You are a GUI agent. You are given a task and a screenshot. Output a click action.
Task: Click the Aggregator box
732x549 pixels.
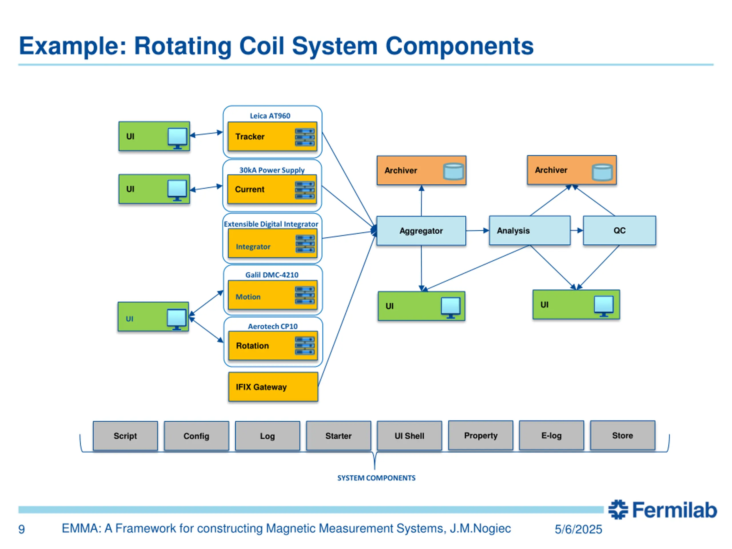421,231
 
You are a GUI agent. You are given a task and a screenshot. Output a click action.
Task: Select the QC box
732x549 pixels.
619,230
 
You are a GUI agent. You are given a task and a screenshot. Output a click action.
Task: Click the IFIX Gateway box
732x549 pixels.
273,387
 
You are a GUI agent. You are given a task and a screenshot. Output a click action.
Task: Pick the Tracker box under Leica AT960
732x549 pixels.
272,136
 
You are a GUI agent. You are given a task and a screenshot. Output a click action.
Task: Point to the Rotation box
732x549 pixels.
273,345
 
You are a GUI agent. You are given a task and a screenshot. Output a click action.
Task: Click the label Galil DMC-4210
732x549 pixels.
272,275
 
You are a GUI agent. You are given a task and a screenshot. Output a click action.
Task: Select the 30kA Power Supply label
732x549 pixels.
272,170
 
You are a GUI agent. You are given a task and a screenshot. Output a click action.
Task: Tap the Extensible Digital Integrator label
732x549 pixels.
271,224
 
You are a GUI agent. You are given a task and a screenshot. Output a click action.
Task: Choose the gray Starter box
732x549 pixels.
338,435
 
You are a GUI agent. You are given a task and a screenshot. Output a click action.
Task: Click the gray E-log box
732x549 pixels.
551,435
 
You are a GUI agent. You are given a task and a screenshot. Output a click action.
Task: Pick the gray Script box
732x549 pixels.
125,435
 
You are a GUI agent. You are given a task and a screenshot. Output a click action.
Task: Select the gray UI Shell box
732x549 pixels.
409,435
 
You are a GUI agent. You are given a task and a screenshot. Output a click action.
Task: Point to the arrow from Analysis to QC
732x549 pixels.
577,230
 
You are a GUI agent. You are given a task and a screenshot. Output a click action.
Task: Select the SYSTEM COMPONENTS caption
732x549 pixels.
376,478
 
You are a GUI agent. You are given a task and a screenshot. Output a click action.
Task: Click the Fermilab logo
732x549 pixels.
662,510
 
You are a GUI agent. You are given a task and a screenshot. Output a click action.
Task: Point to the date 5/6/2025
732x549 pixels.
578,529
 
